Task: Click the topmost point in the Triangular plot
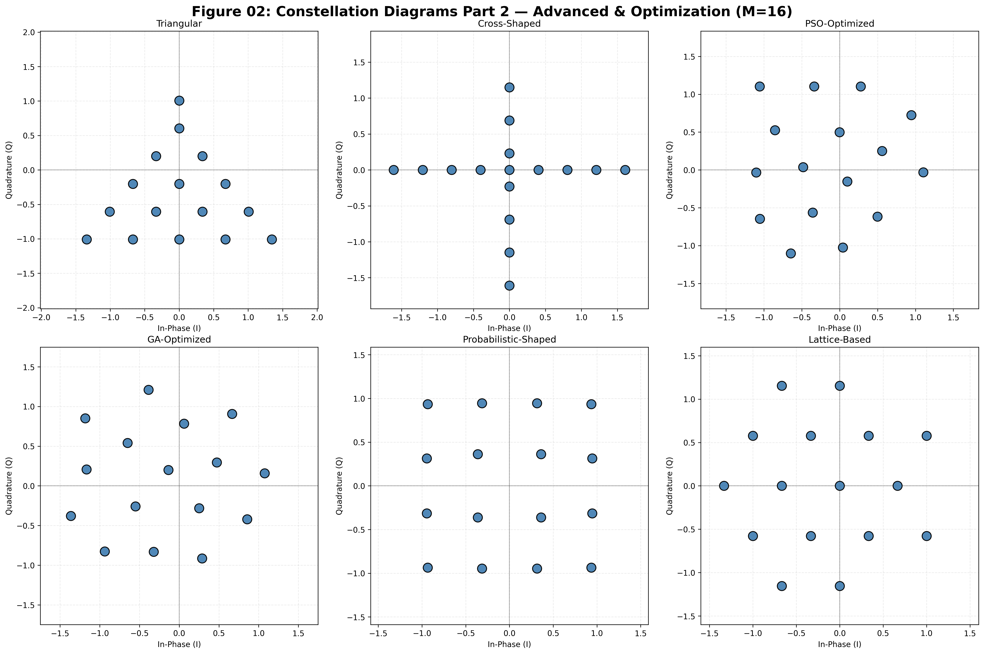click(x=179, y=101)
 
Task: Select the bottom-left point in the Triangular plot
click(x=86, y=239)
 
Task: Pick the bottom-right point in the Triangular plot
click(x=272, y=239)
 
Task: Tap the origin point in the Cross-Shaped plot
click(x=509, y=170)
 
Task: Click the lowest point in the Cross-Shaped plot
click(x=509, y=286)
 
